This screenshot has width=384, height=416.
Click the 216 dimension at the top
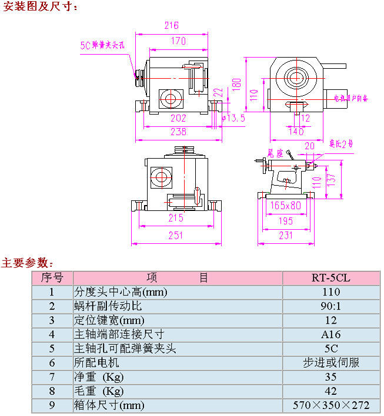point(171,25)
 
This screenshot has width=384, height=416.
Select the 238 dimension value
point(178,132)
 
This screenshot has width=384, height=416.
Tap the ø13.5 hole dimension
point(233,119)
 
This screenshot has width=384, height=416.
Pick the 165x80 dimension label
point(286,206)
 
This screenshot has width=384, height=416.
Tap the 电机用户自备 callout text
point(350,99)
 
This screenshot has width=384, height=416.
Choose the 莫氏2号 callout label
point(341,143)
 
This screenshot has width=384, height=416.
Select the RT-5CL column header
point(330,278)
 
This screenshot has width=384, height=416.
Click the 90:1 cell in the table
point(330,306)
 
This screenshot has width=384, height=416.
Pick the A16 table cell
point(330,334)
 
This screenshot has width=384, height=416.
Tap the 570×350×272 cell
point(330,405)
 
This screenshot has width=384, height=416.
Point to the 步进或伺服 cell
point(330,363)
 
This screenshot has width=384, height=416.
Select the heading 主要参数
point(28,262)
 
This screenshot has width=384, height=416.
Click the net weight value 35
point(330,377)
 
